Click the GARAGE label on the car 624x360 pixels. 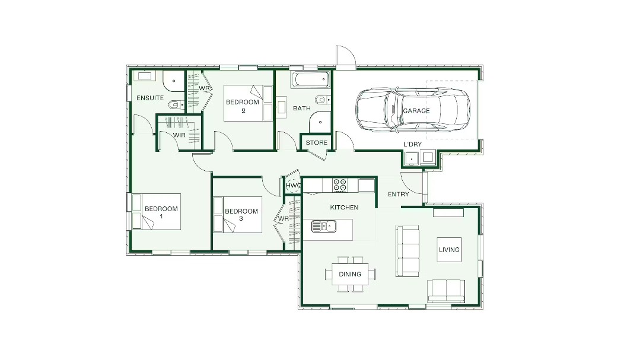click(x=416, y=110)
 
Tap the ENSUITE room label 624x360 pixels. click(x=150, y=98)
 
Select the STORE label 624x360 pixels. click(x=316, y=142)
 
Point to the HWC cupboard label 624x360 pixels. click(x=293, y=186)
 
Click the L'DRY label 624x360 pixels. click(x=412, y=144)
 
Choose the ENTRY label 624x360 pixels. click(x=399, y=194)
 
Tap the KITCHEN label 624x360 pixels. click(x=344, y=207)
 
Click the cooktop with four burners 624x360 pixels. click(x=339, y=185)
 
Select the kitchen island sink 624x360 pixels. click(x=324, y=227)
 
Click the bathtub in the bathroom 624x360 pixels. click(x=311, y=79)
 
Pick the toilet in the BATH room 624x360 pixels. click(x=323, y=99)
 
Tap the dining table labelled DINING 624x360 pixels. click(x=350, y=274)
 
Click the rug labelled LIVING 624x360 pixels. click(x=449, y=250)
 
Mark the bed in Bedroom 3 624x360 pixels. click(x=238, y=215)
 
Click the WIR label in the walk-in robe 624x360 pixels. click(x=180, y=135)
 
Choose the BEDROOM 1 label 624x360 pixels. click(x=161, y=212)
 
